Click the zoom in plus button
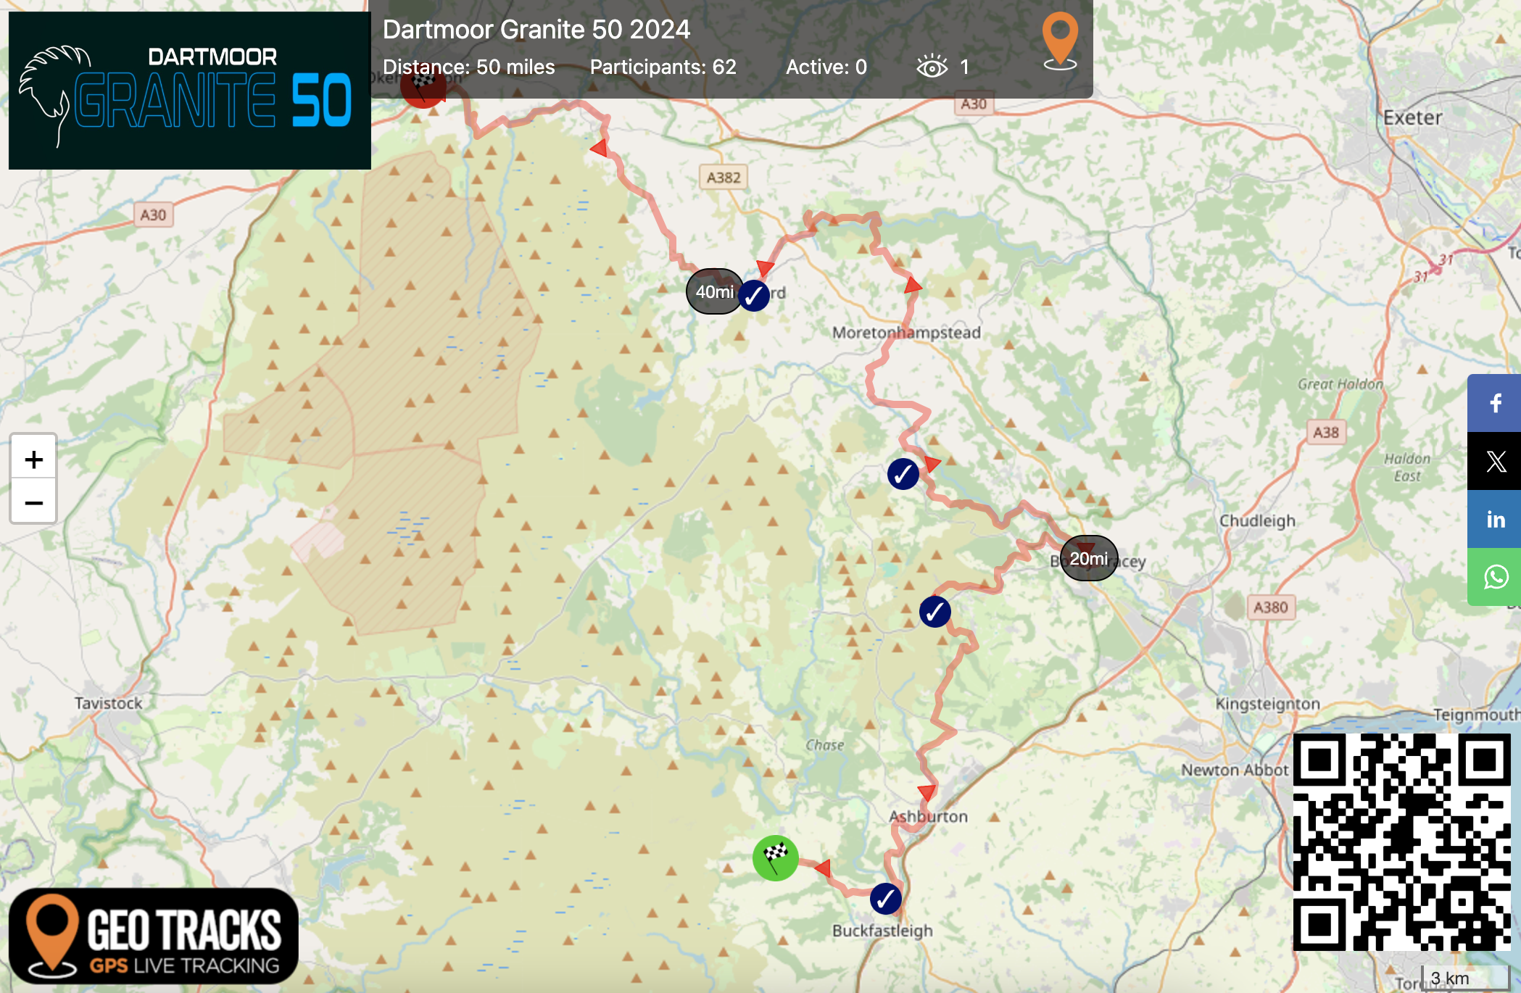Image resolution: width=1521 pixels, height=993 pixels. pos(33,459)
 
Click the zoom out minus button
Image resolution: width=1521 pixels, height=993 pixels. pos(33,502)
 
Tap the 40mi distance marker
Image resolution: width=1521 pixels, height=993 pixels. pos(714,291)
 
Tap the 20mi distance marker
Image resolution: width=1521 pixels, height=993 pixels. pos(1088,558)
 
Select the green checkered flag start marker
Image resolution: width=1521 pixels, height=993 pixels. pos(775,858)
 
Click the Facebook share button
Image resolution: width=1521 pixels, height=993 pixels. pos(1495,404)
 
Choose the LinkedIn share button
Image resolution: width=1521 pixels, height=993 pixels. pos(1495,520)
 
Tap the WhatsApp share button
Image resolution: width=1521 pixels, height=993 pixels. pos(1495,577)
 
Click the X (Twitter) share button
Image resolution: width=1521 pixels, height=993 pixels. pos(1495,462)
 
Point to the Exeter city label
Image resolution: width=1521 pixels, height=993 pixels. pos(1412,117)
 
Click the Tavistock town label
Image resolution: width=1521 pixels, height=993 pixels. pos(109,703)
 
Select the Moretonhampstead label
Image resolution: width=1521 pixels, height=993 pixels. pos(906,333)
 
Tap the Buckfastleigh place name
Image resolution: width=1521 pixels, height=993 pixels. pos(882,931)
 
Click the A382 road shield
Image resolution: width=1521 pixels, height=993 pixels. pos(724,178)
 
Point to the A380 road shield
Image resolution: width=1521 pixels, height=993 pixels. pos(1271,607)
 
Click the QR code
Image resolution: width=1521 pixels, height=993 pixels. pos(1401,842)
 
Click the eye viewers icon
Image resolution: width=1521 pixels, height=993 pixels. pos(932,67)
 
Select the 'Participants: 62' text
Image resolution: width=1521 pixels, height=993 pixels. pos(663,67)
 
